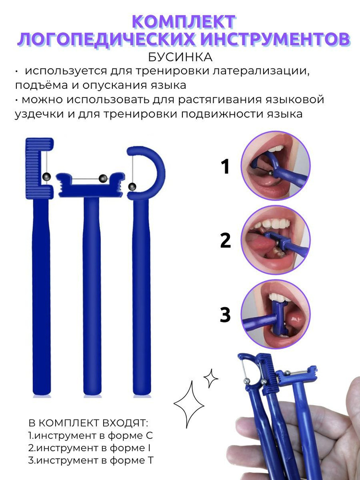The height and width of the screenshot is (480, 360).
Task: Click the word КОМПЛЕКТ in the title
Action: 183,22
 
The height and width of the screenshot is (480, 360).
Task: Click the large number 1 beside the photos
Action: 225,167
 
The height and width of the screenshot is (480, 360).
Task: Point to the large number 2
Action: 225,240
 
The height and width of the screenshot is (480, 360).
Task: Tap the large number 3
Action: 225,315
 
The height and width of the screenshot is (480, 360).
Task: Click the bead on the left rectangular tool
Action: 47,176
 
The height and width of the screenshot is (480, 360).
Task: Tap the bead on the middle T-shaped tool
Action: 102,179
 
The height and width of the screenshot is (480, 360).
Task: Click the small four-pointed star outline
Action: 211,378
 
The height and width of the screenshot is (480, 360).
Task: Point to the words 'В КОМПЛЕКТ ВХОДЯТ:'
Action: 89,423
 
